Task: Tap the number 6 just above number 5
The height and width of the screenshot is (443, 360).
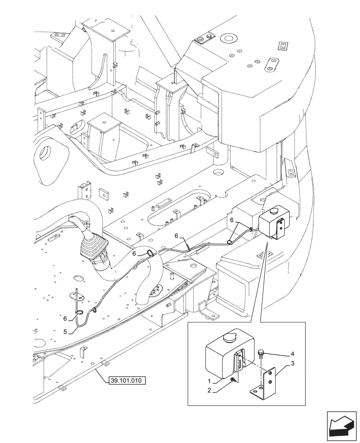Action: click(65, 319)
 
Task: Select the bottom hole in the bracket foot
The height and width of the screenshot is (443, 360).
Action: click(255, 391)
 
